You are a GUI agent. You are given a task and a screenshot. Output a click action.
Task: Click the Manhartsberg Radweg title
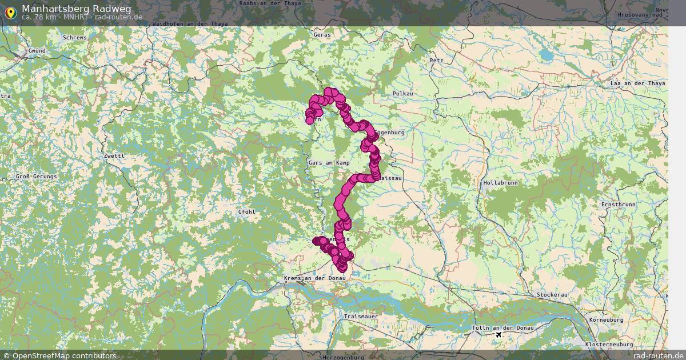click(x=76, y=9)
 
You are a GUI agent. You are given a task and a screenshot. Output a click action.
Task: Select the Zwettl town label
click(x=114, y=155)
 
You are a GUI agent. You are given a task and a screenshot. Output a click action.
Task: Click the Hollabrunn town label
click(x=501, y=183)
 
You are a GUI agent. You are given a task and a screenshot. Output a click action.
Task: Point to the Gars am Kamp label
click(x=329, y=163)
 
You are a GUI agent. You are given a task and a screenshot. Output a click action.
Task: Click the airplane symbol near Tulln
click(x=499, y=334)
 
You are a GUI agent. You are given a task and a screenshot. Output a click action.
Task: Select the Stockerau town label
click(x=552, y=295)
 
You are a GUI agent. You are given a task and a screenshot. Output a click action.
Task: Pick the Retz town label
click(x=436, y=60)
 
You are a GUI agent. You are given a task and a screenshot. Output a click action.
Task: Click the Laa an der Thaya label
click(x=638, y=83)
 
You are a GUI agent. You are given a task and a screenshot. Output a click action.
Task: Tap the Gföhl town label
click(x=246, y=212)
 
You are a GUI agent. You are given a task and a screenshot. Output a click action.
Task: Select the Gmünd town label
click(x=37, y=51)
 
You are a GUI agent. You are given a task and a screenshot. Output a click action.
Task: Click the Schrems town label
click(x=75, y=38)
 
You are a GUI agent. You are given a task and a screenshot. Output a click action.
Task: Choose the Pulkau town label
click(x=402, y=93)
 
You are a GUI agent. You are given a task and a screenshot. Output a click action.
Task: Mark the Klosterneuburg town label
click(x=609, y=345)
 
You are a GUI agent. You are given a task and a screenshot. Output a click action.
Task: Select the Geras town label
click(x=322, y=35)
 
